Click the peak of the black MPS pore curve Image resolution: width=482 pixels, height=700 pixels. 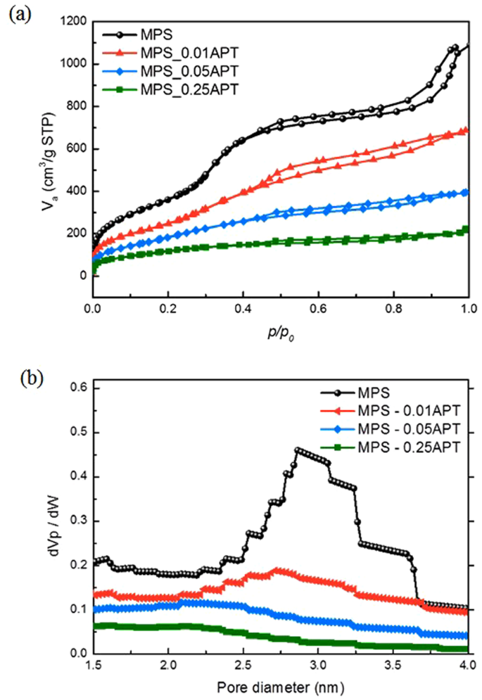(x=297, y=449)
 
